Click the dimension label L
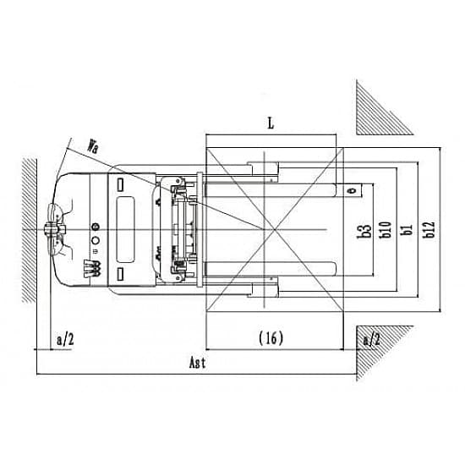tap(271, 123)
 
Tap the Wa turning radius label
tap(92, 146)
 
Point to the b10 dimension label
tap(386, 230)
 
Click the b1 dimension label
tap(407, 230)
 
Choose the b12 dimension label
tap(429, 230)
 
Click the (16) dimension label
tap(271, 338)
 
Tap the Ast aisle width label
tap(197, 363)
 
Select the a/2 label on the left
tap(65, 339)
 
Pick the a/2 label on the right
tap(372, 339)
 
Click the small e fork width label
tap(353, 190)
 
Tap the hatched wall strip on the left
tap(30, 231)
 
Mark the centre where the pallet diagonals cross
tap(275, 229)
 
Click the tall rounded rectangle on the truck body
tap(125, 229)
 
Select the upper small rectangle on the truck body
tap(120, 185)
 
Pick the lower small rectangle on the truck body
tap(120, 274)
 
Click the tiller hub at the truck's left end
tap(51, 229)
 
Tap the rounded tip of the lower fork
tap(335, 269)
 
